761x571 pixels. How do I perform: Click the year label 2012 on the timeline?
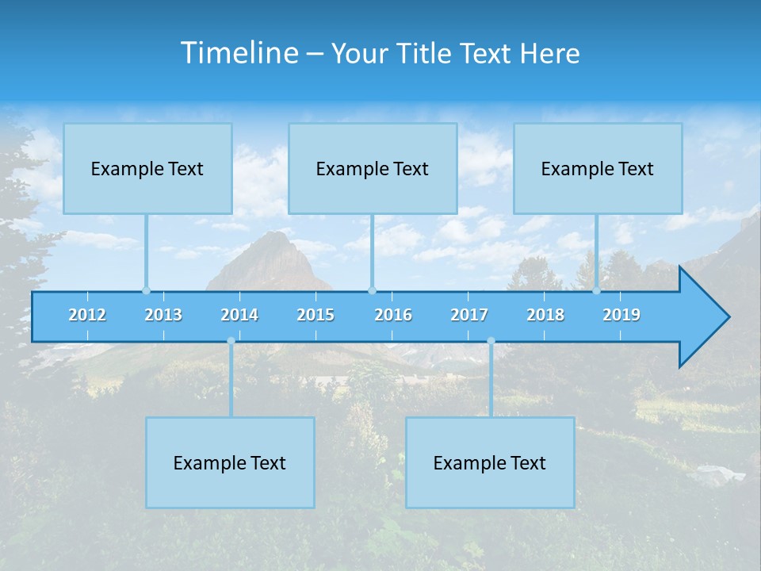pyautogui.click(x=87, y=315)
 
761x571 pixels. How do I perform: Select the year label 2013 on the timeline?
pyautogui.click(x=163, y=315)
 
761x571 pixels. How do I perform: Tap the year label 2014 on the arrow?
pyautogui.click(x=239, y=315)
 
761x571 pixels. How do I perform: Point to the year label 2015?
pyautogui.click(x=315, y=315)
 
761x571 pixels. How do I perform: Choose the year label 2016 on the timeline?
pyautogui.click(x=393, y=315)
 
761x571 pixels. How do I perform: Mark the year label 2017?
pyautogui.click(x=469, y=315)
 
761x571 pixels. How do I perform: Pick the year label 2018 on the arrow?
pyautogui.click(x=545, y=315)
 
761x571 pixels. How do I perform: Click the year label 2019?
pyautogui.click(x=621, y=315)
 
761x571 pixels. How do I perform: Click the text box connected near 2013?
pyautogui.click(x=147, y=169)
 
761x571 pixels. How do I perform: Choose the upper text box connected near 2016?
pyautogui.click(x=373, y=169)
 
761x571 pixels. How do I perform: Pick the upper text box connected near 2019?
pyautogui.click(x=598, y=169)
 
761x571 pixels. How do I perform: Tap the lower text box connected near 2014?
pyautogui.click(x=230, y=463)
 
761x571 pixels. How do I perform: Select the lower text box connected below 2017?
pyautogui.click(x=490, y=463)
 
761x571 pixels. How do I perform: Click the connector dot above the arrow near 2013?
pyautogui.click(x=146, y=290)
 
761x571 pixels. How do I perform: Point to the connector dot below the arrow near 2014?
pyautogui.click(x=231, y=341)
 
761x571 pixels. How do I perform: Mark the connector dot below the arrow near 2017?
pyautogui.click(x=491, y=341)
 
